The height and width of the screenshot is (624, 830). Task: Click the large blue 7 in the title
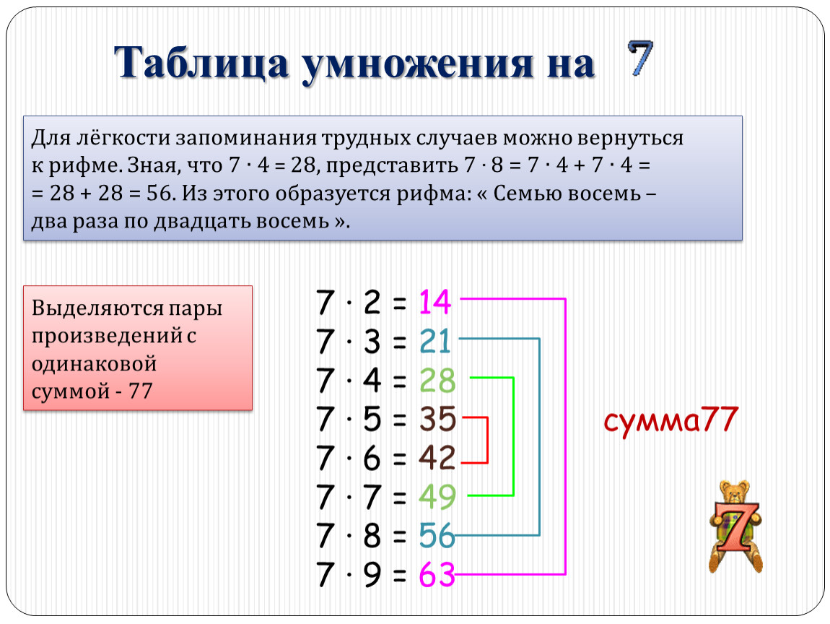click(640, 58)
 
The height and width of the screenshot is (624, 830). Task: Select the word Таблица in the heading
click(201, 64)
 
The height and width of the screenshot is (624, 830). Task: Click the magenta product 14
click(434, 302)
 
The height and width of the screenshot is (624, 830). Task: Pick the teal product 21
click(434, 341)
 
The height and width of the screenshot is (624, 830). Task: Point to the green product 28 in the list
click(437, 381)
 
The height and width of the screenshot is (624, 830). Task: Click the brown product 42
click(437, 458)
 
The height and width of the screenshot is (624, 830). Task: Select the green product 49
click(437, 497)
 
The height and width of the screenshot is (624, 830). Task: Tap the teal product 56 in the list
click(437, 536)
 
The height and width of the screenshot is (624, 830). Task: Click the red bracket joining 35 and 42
click(487, 440)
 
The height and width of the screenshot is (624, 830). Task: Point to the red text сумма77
click(670, 420)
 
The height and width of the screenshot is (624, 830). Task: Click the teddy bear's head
click(734, 492)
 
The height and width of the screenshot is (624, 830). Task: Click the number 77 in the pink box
click(140, 391)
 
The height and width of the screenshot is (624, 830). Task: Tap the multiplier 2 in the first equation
click(372, 303)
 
